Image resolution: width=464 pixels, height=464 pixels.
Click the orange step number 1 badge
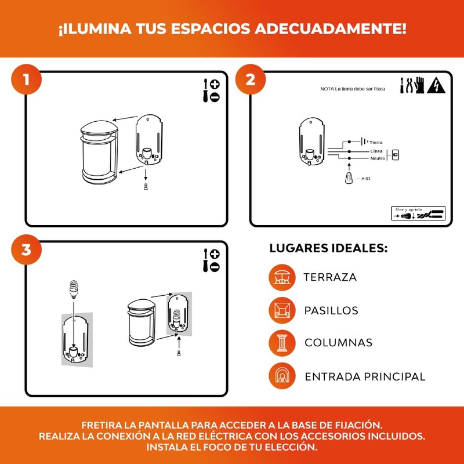26,79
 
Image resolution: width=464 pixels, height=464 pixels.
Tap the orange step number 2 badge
251,79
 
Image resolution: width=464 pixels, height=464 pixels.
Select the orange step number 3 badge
26,249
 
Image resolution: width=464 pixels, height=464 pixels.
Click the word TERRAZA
330,277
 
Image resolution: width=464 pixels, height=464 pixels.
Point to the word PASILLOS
331,310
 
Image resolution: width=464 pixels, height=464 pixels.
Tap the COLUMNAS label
338,343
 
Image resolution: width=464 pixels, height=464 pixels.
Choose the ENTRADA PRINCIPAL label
365,376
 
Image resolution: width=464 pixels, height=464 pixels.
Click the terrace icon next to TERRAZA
282,277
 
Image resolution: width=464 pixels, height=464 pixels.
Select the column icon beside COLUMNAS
282,343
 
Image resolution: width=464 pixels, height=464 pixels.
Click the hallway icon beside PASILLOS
282,310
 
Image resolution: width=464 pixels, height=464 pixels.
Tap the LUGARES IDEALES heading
328,249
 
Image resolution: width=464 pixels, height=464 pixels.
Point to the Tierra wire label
376,142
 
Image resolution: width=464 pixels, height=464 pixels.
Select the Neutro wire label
378,158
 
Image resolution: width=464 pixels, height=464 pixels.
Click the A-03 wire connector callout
365,179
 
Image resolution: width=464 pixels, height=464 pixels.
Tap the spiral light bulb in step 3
74,286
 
